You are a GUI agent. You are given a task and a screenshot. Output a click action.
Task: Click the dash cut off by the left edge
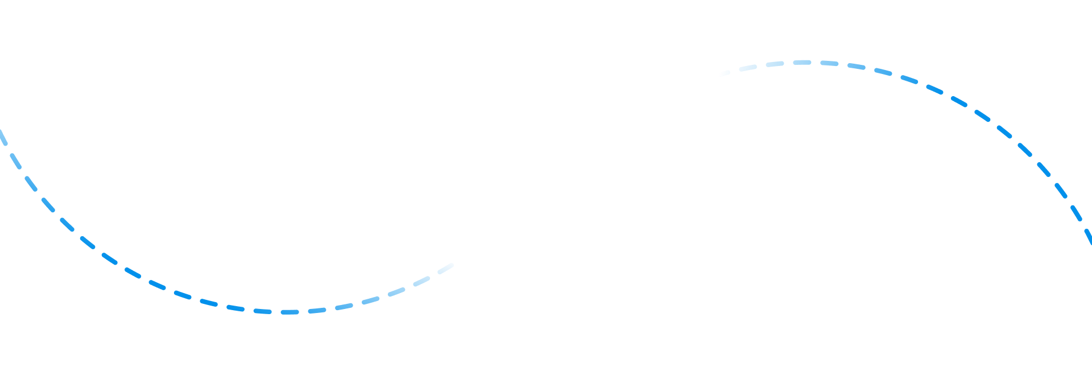coord(3,137)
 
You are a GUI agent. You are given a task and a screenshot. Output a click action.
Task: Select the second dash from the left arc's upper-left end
coord(15,161)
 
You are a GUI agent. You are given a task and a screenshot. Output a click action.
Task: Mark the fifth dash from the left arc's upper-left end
coord(67,224)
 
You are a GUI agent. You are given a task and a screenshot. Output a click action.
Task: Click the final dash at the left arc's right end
coord(445,268)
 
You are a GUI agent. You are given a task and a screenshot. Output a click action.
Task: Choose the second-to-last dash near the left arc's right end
coord(421,281)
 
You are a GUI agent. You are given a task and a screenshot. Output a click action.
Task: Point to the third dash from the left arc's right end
coord(396,291)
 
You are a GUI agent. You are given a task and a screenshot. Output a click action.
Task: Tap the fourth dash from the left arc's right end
coord(370,300)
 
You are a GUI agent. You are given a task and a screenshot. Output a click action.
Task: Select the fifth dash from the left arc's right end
coord(344,307)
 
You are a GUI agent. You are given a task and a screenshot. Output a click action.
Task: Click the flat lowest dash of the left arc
coord(289,312)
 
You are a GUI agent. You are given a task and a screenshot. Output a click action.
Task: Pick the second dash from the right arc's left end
coord(748,68)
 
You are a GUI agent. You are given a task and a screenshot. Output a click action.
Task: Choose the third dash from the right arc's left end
coord(775,64)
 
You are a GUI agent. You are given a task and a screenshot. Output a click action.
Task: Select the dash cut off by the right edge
coord(1088,237)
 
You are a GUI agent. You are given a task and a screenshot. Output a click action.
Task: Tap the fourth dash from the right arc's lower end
coord(1044,169)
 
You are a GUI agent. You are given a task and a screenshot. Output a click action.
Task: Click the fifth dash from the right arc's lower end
coord(1025,150)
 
